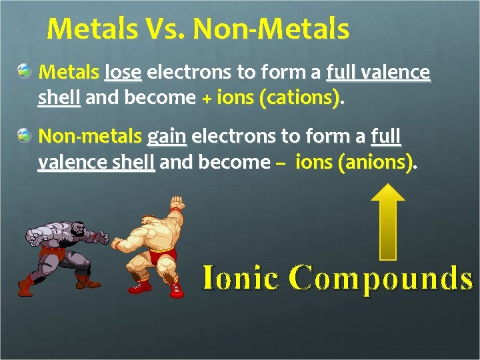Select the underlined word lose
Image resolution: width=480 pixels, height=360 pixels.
123,71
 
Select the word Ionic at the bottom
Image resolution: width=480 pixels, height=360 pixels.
240,278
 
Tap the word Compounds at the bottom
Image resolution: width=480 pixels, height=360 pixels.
381,278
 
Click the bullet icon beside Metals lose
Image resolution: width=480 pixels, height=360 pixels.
25,69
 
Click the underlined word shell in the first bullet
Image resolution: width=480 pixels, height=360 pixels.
59,98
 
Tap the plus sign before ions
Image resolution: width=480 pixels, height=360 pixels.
207,99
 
